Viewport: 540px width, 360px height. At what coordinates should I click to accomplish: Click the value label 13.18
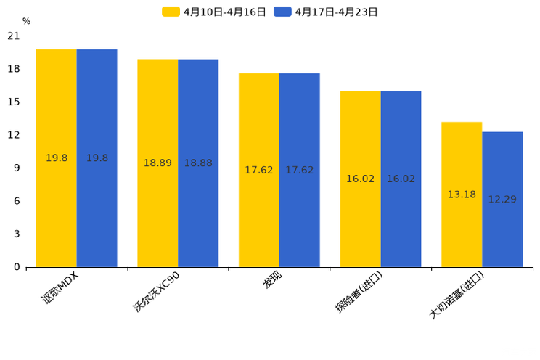[x=462, y=195]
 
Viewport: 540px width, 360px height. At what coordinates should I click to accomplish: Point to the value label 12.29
[x=502, y=199]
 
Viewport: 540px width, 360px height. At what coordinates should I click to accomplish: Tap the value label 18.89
[x=157, y=163]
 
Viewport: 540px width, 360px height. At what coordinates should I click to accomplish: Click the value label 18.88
[x=198, y=163]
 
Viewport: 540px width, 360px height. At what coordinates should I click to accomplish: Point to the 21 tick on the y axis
[x=14, y=36]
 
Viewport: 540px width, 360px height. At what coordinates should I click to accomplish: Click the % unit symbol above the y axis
[x=26, y=22]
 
